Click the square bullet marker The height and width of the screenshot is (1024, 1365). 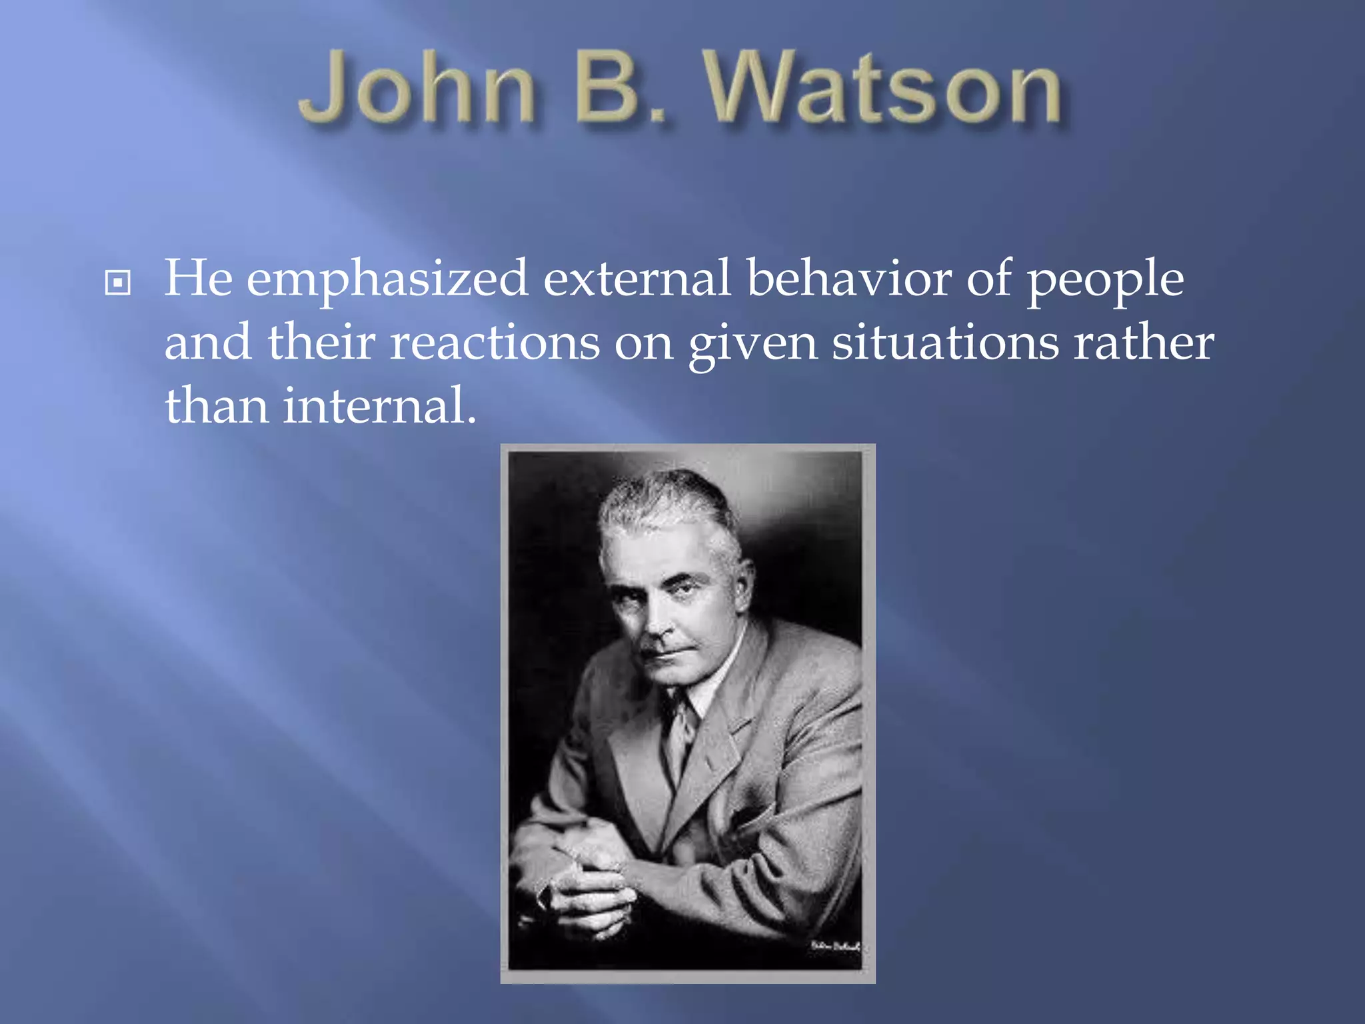118,283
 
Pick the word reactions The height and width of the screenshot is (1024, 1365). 495,343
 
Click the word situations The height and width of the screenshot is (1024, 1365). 945,343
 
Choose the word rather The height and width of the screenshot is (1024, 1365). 1143,343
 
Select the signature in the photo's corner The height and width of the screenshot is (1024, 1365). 834,946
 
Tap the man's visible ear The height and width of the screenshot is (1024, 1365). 743,577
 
